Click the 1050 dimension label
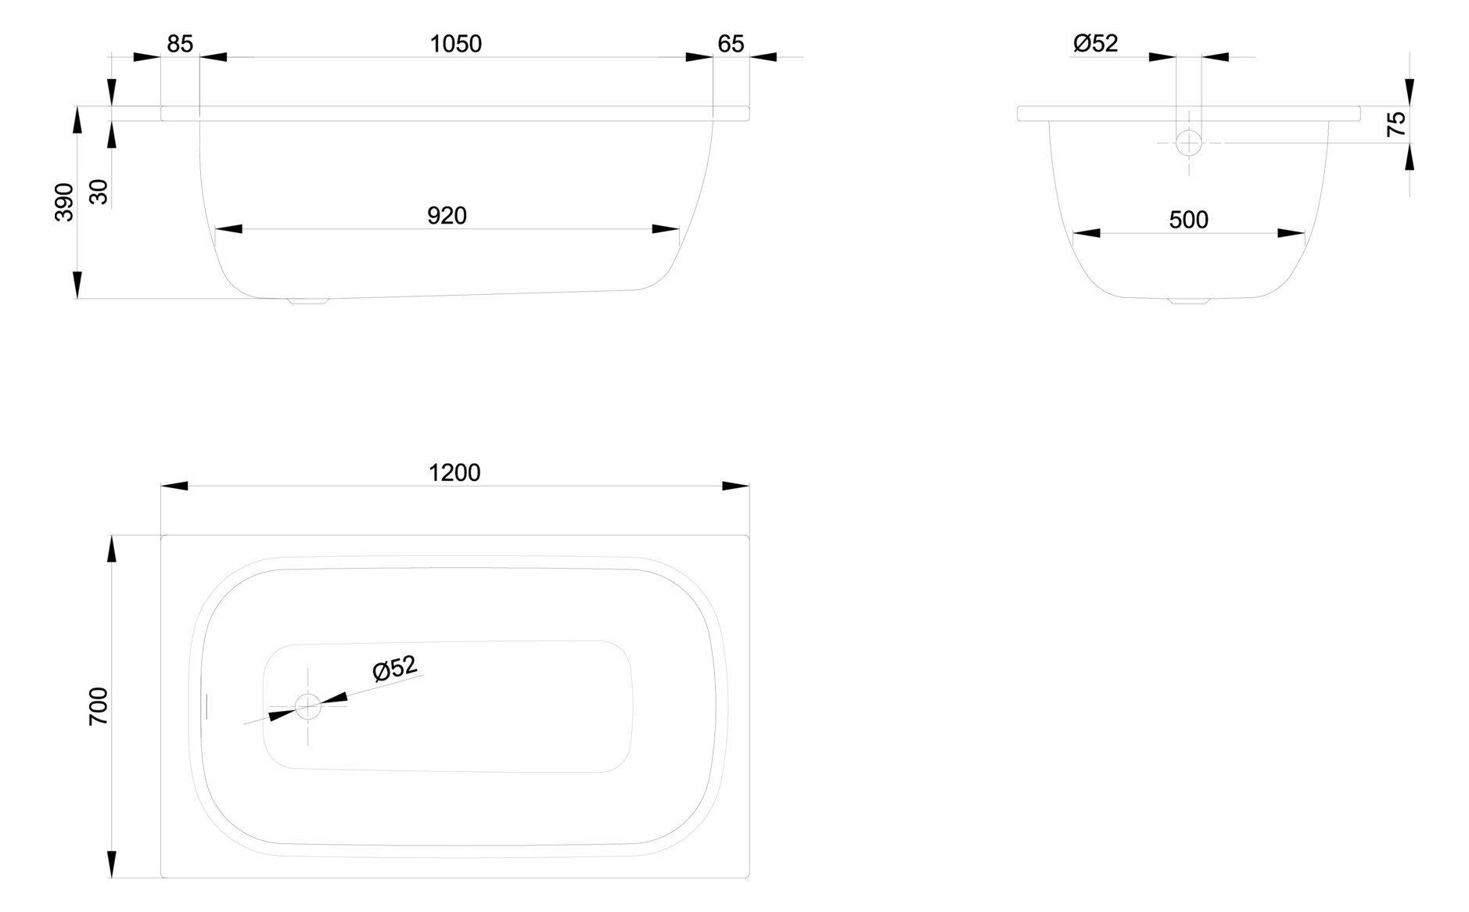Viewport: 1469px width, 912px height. pyautogui.click(x=455, y=44)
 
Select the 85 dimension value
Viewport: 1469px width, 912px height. pyautogui.click(x=180, y=44)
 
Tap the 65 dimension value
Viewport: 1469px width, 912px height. pyautogui.click(x=731, y=44)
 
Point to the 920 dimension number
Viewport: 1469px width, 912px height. pyautogui.click(x=447, y=216)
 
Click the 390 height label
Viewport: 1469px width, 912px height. pyautogui.click(x=64, y=202)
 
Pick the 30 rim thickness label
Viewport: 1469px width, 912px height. pyautogui.click(x=99, y=192)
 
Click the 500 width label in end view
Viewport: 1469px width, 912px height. pyautogui.click(x=1188, y=221)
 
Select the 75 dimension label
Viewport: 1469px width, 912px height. pyautogui.click(x=1396, y=124)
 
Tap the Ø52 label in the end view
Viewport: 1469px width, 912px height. pyautogui.click(x=1095, y=43)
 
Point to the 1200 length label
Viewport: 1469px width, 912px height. pyautogui.click(x=454, y=473)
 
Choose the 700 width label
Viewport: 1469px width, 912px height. pyautogui.click(x=99, y=706)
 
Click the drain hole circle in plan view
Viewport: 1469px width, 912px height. pyautogui.click(x=308, y=706)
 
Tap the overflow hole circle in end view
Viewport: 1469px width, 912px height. pyautogui.click(x=1189, y=143)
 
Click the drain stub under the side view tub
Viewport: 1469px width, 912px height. pyautogui.click(x=308, y=300)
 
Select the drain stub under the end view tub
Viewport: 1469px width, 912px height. pyautogui.click(x=1189, y=300)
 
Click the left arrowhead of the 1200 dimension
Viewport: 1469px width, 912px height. pyautogui.click(x=174, y=487)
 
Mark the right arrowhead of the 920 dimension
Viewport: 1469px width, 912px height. pyautogui.click(x=666, y=229)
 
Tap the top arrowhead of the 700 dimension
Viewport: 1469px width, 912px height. pyautogui.click(x=112, y=549)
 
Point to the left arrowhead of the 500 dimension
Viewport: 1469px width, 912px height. pyautogui.click(x=1086, y=233)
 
